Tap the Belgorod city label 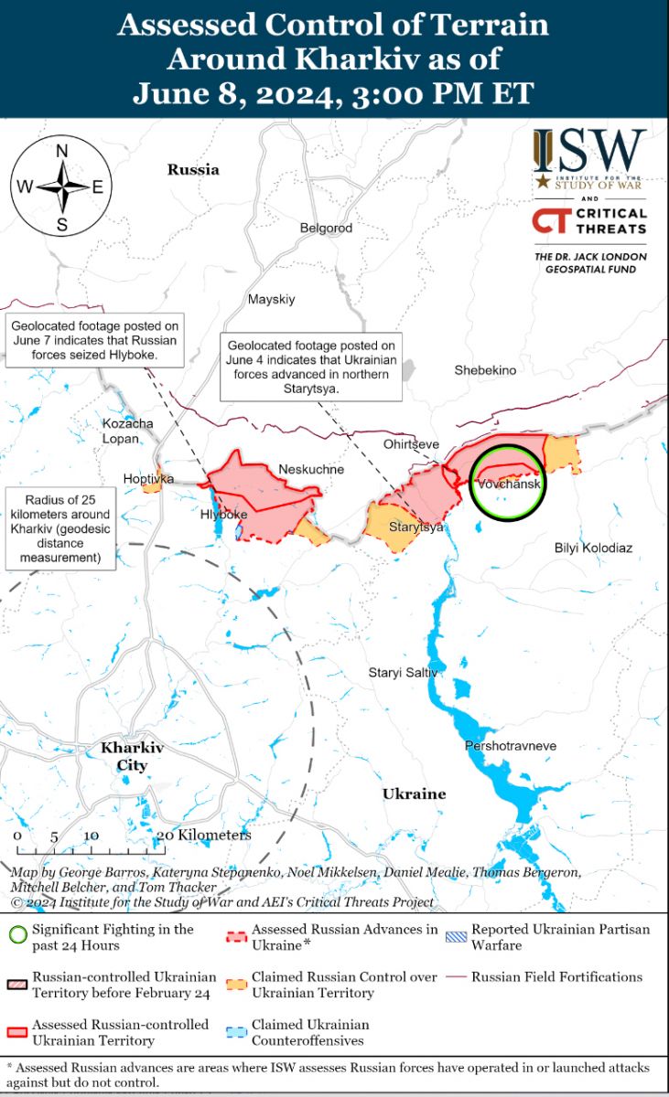(326, 228)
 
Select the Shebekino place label (485, 370)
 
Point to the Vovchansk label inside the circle (509, 484)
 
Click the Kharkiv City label (132, 756)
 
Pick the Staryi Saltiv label (404, 673)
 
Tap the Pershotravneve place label (511, 746)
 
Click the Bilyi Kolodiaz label (593, 548)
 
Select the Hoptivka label (149, 478)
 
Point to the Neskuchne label (311, 470)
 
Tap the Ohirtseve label (411, 444)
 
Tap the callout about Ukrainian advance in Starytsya (311, 366)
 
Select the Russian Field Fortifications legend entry (556, 977)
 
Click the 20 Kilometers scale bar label (203, 836)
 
